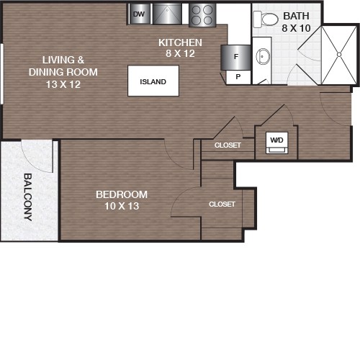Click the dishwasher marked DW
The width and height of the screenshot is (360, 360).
(139, 14)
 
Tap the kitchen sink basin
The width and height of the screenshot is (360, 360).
(167, 14)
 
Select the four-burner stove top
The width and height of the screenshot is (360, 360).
(202, 15)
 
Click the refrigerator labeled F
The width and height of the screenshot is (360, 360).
(236, 57)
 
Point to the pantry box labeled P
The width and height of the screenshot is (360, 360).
(238, 77)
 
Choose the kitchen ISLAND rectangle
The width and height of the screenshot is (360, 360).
(153, 81)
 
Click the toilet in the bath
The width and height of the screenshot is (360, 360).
(266, 19)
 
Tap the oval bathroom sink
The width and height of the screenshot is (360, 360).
(263, 56)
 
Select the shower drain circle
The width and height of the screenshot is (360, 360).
(339, 55)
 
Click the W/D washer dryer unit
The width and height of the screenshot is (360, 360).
(276, 143)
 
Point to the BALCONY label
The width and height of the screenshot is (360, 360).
(28, 197)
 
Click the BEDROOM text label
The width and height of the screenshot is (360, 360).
(122, 194)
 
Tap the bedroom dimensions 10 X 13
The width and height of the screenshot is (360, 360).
(122, 206)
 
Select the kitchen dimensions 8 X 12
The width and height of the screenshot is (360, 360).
(180, 53)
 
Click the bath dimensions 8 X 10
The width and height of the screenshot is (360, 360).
(296, 28)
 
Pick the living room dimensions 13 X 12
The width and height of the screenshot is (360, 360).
(63, 84)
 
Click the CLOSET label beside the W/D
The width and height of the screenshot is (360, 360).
(228, 145)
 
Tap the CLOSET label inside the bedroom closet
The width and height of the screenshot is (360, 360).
(222, 204)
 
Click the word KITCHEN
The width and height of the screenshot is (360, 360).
(180, 42)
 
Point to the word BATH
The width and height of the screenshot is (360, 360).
(296, 16)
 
